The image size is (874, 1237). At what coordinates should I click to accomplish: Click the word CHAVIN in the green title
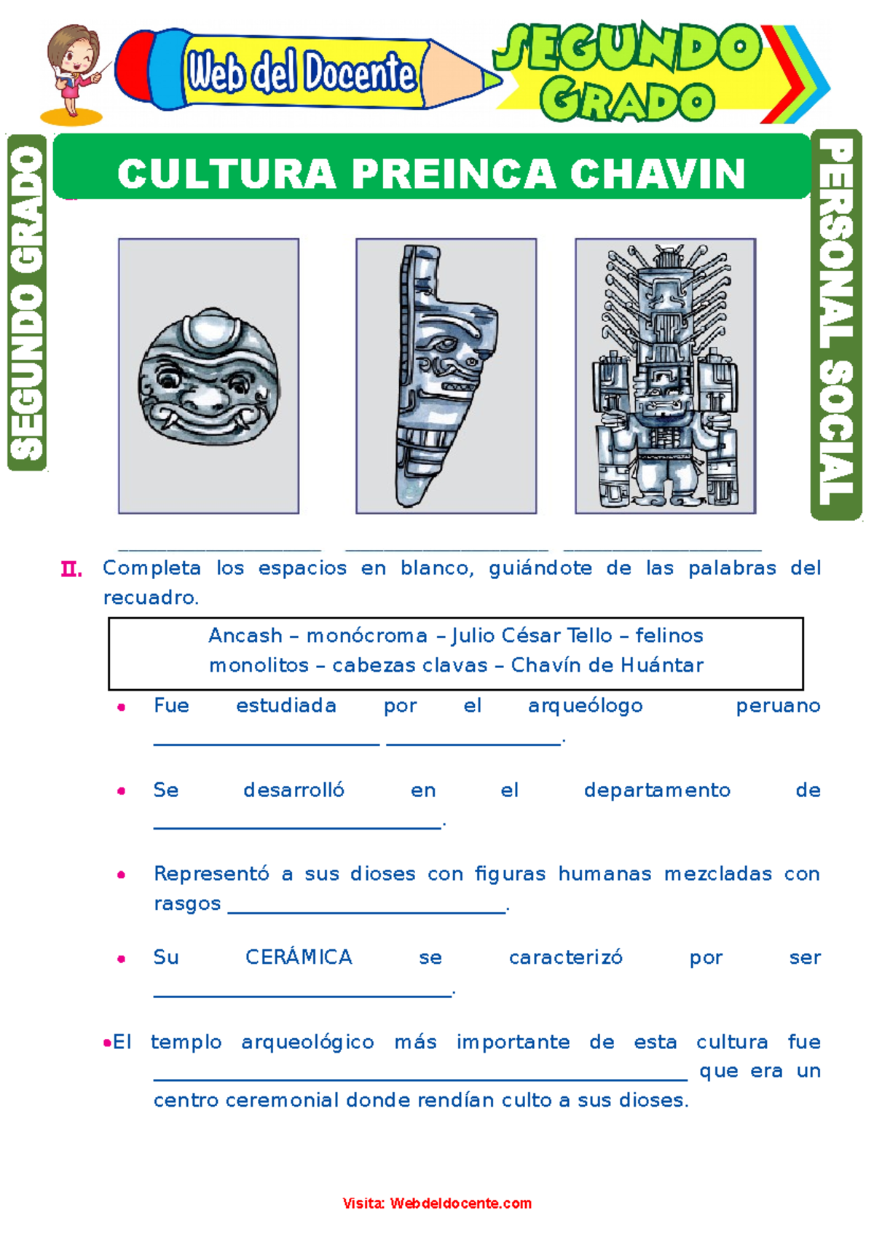point(658,174)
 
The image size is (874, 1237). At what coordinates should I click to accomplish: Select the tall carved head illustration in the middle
point(446,376)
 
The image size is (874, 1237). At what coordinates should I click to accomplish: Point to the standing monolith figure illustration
point(665,376)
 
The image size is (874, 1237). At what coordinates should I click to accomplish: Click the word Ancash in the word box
point(245,636)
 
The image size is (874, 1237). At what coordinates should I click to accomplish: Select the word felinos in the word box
point(669,636)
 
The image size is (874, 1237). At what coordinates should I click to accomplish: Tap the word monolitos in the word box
point(259,666)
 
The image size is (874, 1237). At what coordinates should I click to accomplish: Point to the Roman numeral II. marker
point(71,569)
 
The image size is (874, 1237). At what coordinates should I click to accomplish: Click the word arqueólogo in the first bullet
point(585,706)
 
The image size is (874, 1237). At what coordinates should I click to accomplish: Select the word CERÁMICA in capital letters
point(299,957)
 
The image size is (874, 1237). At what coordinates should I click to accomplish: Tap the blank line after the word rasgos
point(367,911)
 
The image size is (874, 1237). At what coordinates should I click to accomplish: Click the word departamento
point(657,790)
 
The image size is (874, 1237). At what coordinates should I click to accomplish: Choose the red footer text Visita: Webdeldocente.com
point(437,1203)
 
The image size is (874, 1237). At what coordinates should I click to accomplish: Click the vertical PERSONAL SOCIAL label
point(835,324)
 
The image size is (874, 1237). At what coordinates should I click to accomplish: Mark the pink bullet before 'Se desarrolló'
point(122,791)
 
